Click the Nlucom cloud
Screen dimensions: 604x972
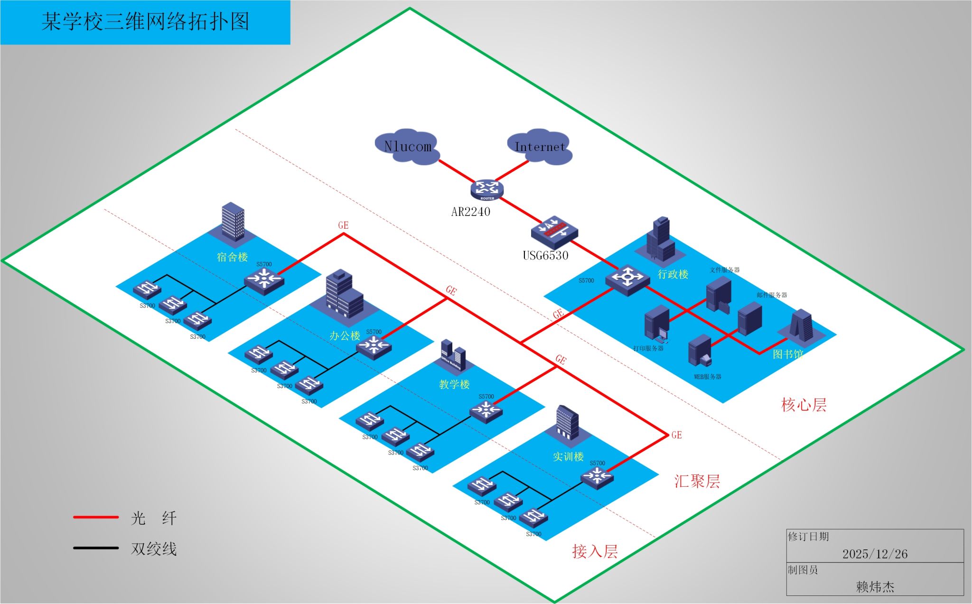point(407,146)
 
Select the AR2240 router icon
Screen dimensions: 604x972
point(487,189)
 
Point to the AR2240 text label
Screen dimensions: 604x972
point(470,212)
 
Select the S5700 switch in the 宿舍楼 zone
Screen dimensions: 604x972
point(264,280)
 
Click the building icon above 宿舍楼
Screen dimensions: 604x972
point(233,222)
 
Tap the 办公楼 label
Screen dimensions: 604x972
point(345,336)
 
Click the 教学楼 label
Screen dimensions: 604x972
point(454,384)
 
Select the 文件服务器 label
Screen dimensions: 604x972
point(725,270)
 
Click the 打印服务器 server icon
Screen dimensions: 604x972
point(657,324)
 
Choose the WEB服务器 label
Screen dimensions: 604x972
point(707,377)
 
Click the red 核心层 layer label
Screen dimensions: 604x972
point(804,405)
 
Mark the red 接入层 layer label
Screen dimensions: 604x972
point(595,551)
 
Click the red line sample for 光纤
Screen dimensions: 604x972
point(96,517)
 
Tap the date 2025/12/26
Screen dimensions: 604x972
point(875,554)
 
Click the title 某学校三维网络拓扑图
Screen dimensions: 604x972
point(145,22)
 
